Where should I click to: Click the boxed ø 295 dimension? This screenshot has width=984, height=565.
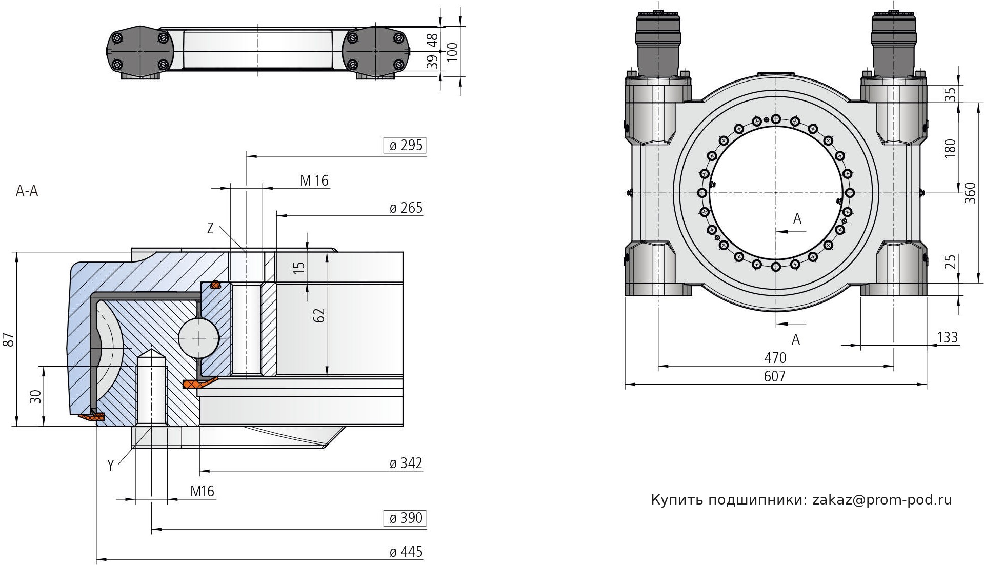[x=405, y=146]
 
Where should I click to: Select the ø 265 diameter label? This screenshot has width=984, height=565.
[x=406, y=208]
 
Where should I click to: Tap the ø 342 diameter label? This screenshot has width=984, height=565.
[x=406, y=463]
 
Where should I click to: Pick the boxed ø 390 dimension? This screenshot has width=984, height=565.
[x=405, y=518]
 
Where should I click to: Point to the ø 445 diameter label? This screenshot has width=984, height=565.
[x=406, y=552]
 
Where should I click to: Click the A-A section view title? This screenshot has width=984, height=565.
[x=27, y=191]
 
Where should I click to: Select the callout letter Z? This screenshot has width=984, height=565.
[x=210, y=229]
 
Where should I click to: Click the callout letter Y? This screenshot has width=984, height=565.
[x=110, y=466]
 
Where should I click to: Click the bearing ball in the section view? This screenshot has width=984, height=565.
[x=198, y=337]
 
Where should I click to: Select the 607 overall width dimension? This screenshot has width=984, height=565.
[x=774, y=376]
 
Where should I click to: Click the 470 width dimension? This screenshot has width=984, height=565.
[x=775, y=357]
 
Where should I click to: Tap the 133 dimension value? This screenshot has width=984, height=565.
[x=947, y=337]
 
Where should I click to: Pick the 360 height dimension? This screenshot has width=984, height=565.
[x=970, y=193]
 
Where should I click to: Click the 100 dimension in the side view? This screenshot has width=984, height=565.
[x=452, y=51]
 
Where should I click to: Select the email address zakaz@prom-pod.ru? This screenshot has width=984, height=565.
[x=882, y=500]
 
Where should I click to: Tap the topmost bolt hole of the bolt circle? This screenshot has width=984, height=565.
[x=776, y=119]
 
